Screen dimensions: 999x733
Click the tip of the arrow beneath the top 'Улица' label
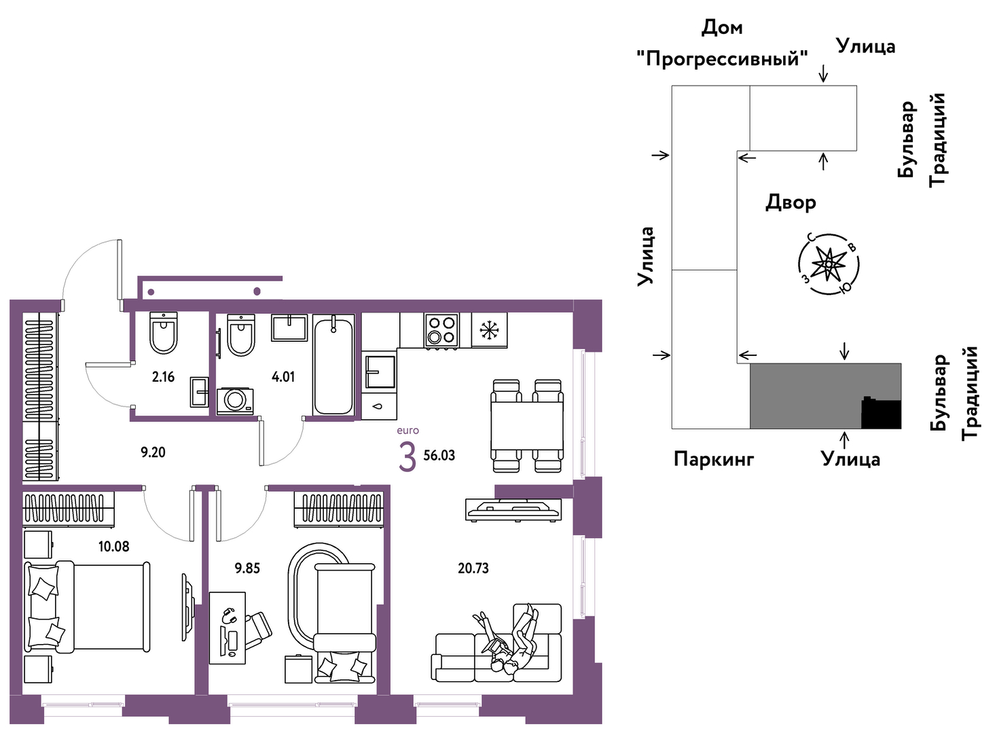823,83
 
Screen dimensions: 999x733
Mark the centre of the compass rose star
828,264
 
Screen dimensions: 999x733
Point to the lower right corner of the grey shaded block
901,429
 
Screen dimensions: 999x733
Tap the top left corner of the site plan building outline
672,86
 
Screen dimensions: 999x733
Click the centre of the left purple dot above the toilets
151,292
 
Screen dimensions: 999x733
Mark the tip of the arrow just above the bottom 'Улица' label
843,432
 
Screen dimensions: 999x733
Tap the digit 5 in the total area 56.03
426,456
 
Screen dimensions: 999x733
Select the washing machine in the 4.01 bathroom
235,400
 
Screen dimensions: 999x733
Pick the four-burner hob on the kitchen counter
441,331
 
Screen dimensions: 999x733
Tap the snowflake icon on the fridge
489,330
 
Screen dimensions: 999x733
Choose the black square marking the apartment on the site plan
881,413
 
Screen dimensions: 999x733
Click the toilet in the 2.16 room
164,332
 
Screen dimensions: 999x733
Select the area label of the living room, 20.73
473,569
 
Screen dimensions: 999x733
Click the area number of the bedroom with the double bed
113,546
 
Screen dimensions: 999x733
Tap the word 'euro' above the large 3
407,431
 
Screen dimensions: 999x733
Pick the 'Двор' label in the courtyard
791,202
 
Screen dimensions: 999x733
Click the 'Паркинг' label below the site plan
714,459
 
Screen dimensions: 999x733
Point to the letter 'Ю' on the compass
845,288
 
